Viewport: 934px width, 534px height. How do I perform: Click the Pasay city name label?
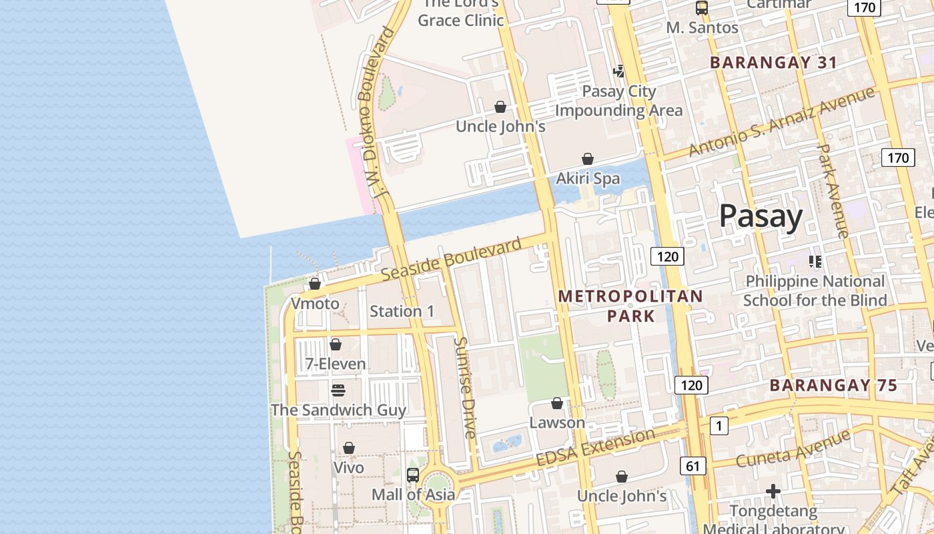[761, 217]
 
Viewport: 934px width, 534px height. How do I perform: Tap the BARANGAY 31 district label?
[773, 63]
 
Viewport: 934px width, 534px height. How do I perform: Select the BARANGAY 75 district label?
[833, 385]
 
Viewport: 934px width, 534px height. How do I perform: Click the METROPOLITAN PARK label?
[630, 306]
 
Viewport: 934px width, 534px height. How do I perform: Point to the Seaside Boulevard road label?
[451, 260]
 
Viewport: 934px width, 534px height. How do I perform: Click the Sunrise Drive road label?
[465, 387]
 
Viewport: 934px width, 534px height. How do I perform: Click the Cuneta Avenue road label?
[793, 449]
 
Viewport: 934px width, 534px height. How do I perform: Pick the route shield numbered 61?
[692, 466]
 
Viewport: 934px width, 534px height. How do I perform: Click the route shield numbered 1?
[719, 426]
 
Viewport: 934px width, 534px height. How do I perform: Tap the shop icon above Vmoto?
[315, 284]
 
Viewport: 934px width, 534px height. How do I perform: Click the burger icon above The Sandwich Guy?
[338, 390]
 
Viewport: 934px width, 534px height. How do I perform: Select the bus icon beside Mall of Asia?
[413, 475]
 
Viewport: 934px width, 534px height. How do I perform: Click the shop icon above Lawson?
[557, 403]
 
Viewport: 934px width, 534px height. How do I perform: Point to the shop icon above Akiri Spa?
[588, 159]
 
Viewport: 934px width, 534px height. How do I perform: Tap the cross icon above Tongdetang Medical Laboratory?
[773, 492]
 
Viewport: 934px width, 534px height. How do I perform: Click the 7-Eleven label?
[336, 364]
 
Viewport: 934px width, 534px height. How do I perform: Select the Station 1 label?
[402, 311]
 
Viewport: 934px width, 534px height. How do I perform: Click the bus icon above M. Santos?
[702, 8]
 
